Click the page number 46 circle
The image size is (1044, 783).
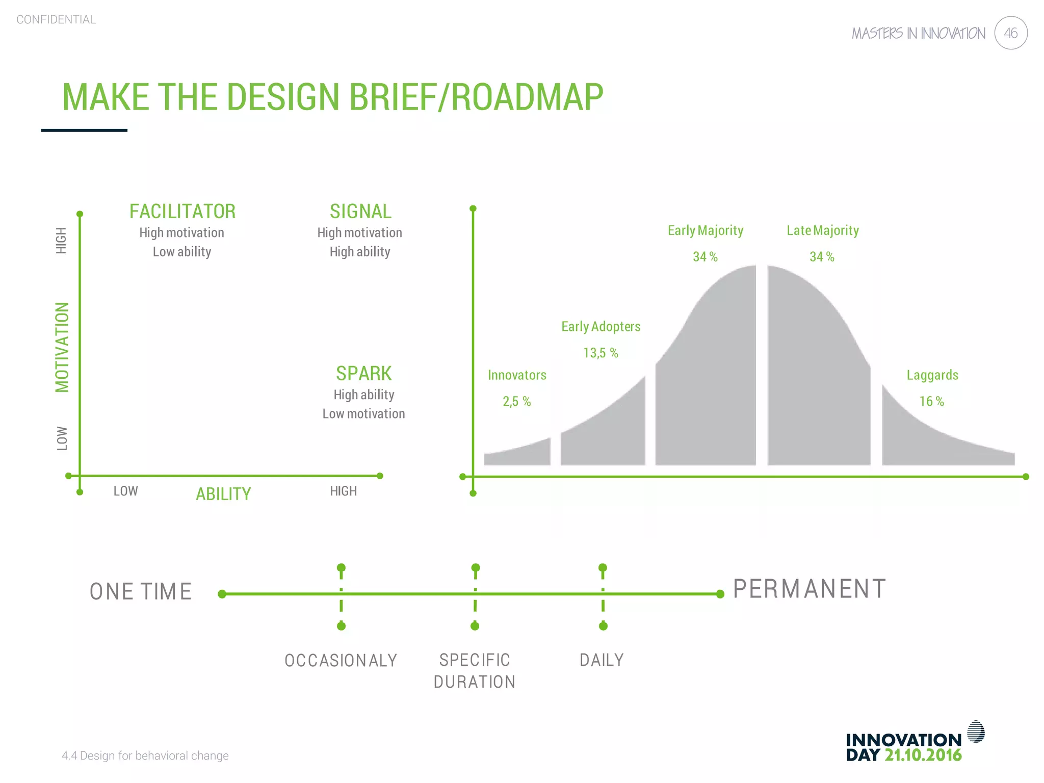[1010, 33]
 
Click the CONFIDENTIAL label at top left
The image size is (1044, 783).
[56, 19]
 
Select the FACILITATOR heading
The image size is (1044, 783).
[182, 211]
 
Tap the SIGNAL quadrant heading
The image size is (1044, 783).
[360, 211]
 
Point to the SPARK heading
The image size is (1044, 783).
[363, 373]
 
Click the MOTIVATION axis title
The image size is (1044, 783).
[62, 347]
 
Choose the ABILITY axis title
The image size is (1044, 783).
[223, 493]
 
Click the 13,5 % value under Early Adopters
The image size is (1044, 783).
[601, 353]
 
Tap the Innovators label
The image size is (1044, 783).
[517, 375]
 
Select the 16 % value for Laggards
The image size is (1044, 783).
[931, 401]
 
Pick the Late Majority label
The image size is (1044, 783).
[822, 230]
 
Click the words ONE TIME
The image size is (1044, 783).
[141, 591]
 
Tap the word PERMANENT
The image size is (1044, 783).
[809, 589]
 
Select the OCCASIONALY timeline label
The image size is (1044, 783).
[341, 660]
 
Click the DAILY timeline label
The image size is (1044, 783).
[602, 660]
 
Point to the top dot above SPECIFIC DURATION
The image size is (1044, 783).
[476, 568]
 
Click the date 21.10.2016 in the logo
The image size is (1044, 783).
[923, 755]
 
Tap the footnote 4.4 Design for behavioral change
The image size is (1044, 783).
[145, 755]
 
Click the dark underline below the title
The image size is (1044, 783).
[84, 130]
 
